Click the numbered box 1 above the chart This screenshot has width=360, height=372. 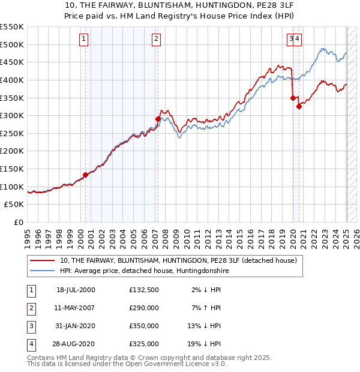pyautogui.click(x=83, y=40)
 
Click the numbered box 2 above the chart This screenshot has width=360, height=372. pyautogui.click(x=156, y=40)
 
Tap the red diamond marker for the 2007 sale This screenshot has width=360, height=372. pyautogui.click(x=158, y=119)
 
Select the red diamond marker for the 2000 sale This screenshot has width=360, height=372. pyautogui.click(x=85, y=175)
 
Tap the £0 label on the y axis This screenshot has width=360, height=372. pyautogui.click(x=19, y=222)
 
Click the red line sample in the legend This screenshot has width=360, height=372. pyautogui.click(x=43, y=261)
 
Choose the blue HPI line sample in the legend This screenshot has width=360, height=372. pyautogui.click(x=43, y=271)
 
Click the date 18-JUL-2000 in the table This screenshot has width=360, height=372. pyautogui.click(x=76, y=290)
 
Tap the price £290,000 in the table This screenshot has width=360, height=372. pyautogui.click(x=144, y=308)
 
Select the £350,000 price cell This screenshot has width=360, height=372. pyautogui.click(x=144, y=326)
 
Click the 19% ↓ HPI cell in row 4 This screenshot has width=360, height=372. pyautogui.click(x=204, y=344)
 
